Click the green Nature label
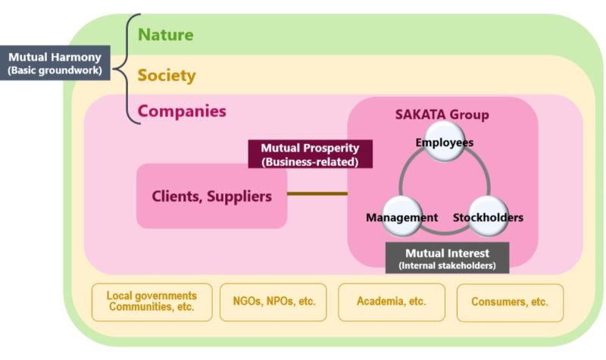[165, 35]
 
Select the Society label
[167, 76]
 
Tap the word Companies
[182, 111]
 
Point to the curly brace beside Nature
[128, 68]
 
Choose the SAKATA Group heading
[442, 114]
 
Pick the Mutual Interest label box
[447, 258]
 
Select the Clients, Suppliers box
[212, 196]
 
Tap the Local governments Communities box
[151, 302]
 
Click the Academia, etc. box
[391, 302]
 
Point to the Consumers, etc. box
[510, 302]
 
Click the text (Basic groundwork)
[56, 70]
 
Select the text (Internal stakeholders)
[447, 266]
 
